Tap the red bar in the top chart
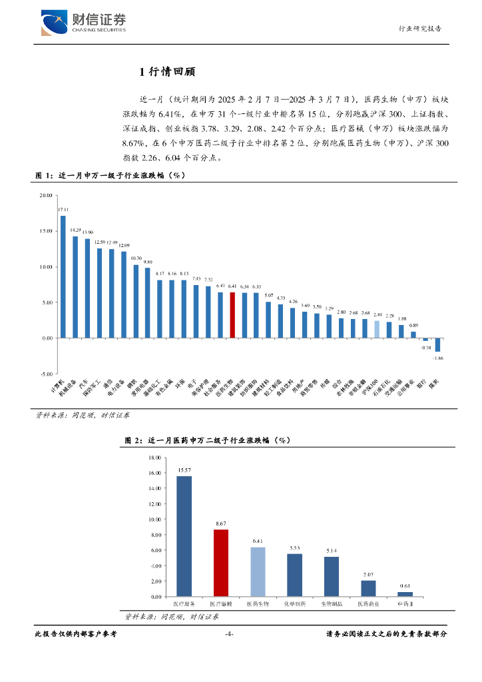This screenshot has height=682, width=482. click(x=232, y=315)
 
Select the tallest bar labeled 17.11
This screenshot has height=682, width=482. click(x=63, y=276)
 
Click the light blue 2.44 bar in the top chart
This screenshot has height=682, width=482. click(x=377, y=329)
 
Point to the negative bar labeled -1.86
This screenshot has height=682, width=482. click(x=437, y=344)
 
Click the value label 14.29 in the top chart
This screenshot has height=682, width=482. click(x=75, y=230)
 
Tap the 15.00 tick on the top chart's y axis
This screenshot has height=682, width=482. click(x=46, y=231)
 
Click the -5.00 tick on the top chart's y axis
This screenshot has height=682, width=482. click(x=46, y=374)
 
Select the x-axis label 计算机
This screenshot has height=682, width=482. click(x=58, y=388)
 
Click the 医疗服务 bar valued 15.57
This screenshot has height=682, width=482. click(x=184, y=535)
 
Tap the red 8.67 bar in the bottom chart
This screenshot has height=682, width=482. click(x=221, y=562)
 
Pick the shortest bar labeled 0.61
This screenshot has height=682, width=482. click(x=405, y=593)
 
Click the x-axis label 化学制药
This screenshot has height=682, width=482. click(x=294, y=604)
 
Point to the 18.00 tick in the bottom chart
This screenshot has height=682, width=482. click(x=154, y=458)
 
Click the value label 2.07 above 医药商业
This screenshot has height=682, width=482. click(x=368, y=574)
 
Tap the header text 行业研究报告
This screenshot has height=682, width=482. click(x=419, y=29)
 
